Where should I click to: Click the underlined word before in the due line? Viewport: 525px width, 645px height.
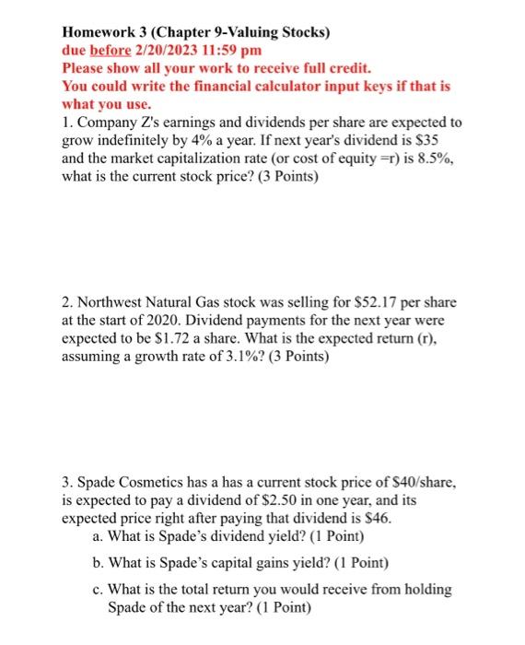point(112,52)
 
